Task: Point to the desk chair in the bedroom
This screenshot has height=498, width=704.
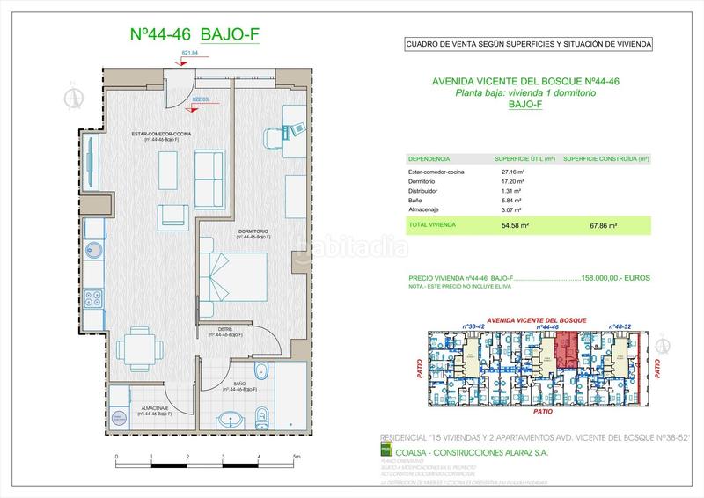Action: coord(270,134)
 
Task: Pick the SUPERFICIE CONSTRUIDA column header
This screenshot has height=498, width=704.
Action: coord(605,159)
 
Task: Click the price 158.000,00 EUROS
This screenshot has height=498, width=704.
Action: coord(615,277)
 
